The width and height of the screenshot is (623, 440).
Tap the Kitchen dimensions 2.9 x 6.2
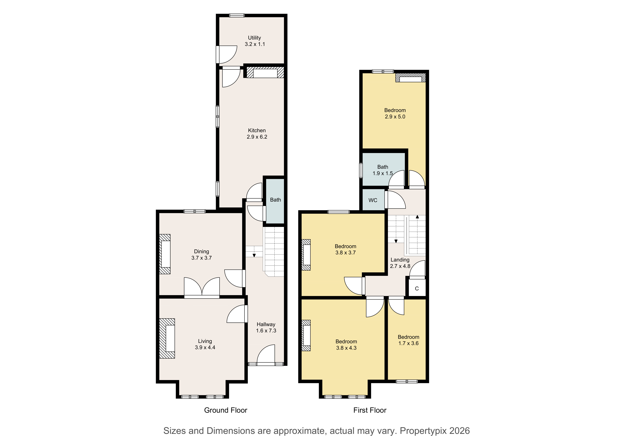tap(257, 137)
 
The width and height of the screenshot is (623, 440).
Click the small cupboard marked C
tap(417, 288)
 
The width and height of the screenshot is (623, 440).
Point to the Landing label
tap(400, 260)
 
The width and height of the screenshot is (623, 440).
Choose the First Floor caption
tap(370, 410)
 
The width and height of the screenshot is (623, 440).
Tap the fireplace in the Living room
tap(167, 338)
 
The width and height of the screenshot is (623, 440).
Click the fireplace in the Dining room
tap(165, 254)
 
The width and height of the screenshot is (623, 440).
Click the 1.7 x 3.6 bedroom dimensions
tap(408, 343)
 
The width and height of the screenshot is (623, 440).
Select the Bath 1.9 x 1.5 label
tap(383, 170)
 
